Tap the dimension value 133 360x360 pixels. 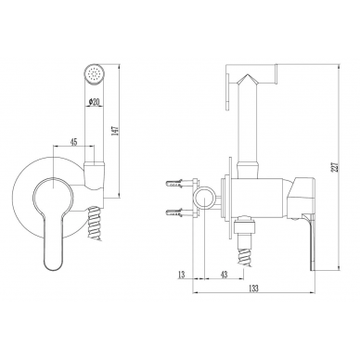tap(253, 289)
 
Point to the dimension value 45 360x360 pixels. tap(73, 142)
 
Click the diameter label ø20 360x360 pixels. tap(94, 102)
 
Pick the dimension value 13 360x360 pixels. tap(182, 274)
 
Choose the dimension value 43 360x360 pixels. tap(224, 274)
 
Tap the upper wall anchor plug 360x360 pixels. tap(176, 185)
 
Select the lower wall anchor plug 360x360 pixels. tap(176, 212)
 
